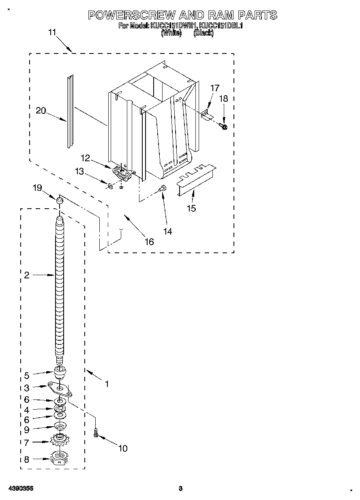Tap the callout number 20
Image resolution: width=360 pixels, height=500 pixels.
click(41, 111)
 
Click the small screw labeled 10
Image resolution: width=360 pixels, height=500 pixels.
click(96, 433)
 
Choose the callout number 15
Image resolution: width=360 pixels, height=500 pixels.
click(191, 208)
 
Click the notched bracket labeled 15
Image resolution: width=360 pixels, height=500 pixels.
click(196, 178)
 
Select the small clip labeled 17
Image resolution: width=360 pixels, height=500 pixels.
click(207, 115)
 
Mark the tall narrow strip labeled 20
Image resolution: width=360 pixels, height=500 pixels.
click(70, 111)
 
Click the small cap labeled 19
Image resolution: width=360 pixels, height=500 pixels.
click(60, 200)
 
